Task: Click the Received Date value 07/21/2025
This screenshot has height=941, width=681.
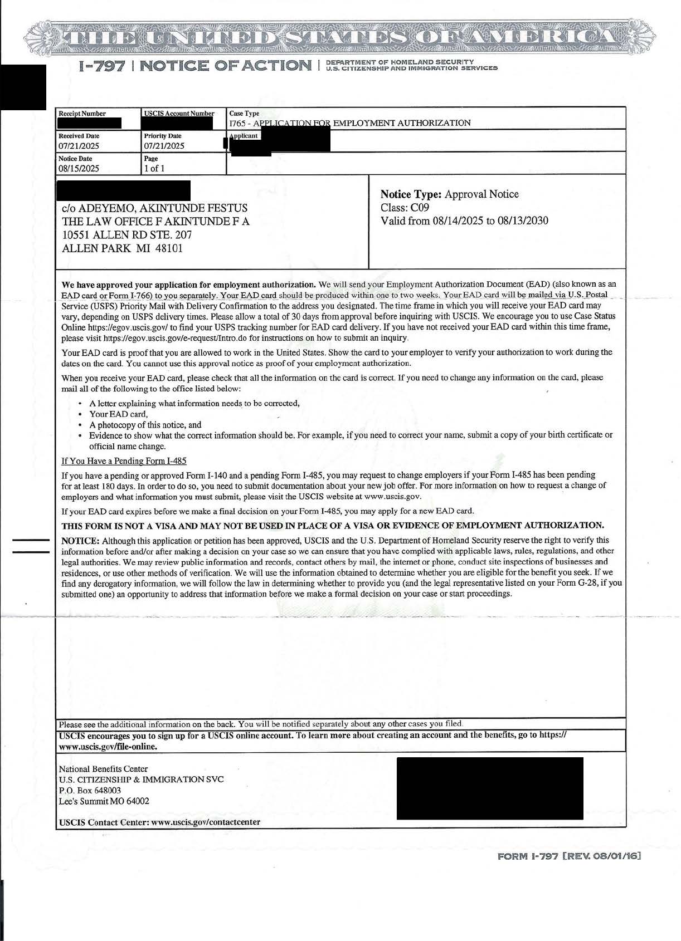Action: click(79, 146)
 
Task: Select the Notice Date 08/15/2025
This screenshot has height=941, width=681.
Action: click(79, 168)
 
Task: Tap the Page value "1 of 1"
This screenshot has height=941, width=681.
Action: click(154, 168)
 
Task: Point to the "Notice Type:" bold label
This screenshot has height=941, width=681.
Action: click(411, 194)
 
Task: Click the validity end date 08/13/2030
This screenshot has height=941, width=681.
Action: click(522, 221)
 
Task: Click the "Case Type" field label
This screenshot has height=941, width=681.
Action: click(244, 114)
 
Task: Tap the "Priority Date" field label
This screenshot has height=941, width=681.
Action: click(162, 136)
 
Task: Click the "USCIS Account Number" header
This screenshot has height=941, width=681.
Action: click(179, 114)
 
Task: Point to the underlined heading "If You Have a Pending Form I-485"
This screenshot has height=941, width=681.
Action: click(124, 461)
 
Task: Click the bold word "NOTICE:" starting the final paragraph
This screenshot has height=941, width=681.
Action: click(80, 541)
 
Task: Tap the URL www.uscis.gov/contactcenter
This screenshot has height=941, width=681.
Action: click(206, 822)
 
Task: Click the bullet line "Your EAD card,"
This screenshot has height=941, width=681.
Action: click(118, 414)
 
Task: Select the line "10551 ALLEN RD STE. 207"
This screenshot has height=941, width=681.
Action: click(127, 235)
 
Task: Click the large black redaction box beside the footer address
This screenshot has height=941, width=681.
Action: click(489, 788)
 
